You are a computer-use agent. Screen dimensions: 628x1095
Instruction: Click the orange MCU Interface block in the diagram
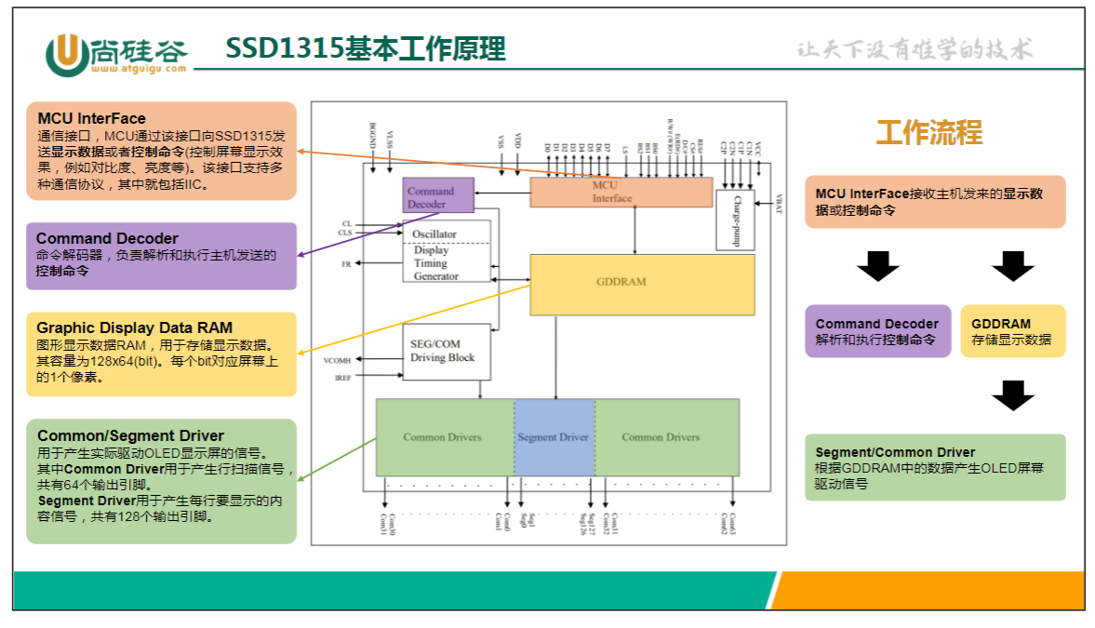pyautogui.click(x=621, y=192)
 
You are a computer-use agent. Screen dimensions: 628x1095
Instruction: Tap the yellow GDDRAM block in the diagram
pyautogui.click(x=641, y=283)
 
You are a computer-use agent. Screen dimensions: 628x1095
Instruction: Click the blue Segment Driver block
pyautogui.click(x=554, y=436)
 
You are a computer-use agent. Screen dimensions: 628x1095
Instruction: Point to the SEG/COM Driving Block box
pyautogui.click(x=446, y=352)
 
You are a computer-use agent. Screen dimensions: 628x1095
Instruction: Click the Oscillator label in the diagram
pyautogui.click(x=435, y=234)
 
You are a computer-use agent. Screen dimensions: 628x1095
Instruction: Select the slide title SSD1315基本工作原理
pyautogui.click(x=366, y=48)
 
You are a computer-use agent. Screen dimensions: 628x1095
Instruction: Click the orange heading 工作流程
pyautogui.click(x=928, y=133)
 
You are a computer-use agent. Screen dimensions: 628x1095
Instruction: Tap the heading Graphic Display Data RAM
pyautogui.click(x=134, y=327)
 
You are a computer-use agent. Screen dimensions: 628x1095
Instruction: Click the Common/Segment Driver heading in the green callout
pyautogui.click(x=130, y=435)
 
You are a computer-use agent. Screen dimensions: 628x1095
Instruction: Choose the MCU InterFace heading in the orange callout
pyautogui.click(x=92, y=118)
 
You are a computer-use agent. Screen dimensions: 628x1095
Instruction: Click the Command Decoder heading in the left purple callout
pyautogui.click(x=107, y=238)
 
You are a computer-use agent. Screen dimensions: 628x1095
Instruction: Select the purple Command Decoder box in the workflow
pyautogui.click(x=877, y=331)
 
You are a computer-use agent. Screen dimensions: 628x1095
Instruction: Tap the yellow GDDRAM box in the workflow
pyautogui.click(x=1012, y=331)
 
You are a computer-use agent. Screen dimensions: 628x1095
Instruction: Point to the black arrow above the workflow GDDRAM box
pyautogui.click(x=1013, y=266)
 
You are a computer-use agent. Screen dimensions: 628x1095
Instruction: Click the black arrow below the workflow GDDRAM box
pyautogui.click(x=1013, y=395)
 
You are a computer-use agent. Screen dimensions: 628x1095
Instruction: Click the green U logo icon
pyautogui.click(x=66, y=54)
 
